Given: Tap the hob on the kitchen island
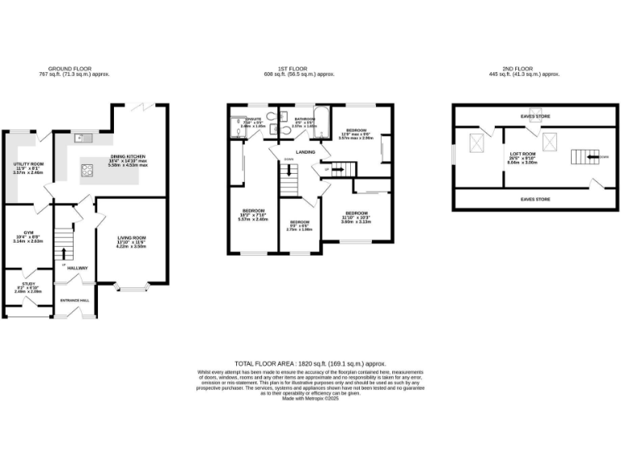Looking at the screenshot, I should (87, 170).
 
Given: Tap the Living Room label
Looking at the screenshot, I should (129, 243).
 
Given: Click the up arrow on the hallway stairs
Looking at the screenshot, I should (65, 252).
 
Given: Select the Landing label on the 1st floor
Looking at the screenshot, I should (305, 151).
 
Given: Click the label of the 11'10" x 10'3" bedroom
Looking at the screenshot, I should (356, 214).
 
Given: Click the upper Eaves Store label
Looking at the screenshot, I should (535, 116).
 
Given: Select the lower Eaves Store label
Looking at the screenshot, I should (535, 198).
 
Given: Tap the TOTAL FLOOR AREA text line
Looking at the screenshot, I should (310, 365).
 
